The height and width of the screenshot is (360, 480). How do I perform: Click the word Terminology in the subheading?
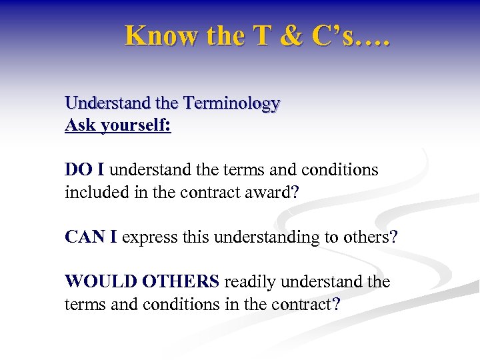(231, 103)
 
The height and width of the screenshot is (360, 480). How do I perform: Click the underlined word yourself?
(136, 125)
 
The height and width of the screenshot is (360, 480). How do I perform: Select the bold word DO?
(77, 170)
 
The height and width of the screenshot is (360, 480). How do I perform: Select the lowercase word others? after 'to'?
(368, 237)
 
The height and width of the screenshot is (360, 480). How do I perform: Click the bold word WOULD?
(95, 282)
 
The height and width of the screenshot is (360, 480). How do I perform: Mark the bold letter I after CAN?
(113, 237)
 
